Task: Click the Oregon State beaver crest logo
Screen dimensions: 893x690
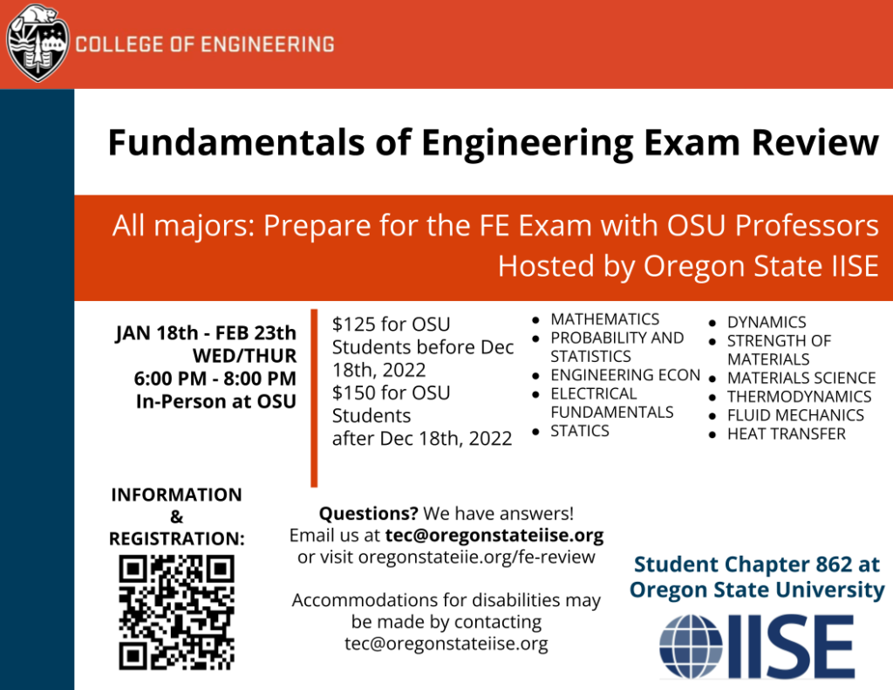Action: coord(37,44)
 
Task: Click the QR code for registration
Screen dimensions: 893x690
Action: coord(176,612)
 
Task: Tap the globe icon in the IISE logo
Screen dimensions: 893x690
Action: coord(691,646)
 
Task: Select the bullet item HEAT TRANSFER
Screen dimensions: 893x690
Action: coord(786,434)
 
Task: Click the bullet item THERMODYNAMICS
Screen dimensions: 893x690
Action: coord(799,397)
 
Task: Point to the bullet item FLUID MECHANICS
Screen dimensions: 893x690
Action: coord(795,415)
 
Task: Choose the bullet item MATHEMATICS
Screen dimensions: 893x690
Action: coord(605,319)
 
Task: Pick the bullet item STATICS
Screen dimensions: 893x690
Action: coord(580,431)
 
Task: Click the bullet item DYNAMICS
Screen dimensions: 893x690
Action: coord(767,323)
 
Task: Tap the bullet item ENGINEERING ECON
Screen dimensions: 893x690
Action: coord(625,375)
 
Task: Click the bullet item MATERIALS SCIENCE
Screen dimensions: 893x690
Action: coord(801,379)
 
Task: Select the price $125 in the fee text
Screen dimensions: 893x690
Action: coord(354,325)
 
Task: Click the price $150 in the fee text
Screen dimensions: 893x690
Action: coord(354,393)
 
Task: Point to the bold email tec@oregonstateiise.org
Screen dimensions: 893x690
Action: coord(494,536)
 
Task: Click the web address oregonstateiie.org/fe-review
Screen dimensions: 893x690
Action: coord(477,557)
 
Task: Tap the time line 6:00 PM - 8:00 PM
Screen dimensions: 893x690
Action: coord(215,379)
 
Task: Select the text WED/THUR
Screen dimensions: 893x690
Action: coord(244,356)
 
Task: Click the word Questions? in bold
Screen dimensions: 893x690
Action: coord(369,514)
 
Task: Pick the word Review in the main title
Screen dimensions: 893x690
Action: coord(815,142)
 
